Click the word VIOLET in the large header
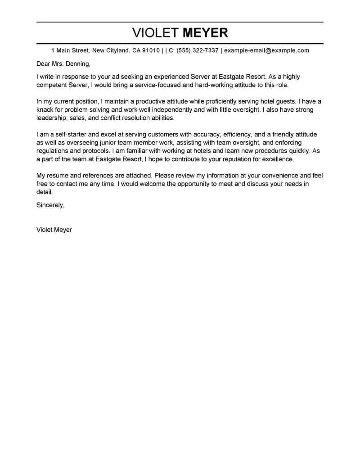[x=155, y=33]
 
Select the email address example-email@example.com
[x=266, y=50]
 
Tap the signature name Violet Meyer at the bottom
[x=54, y=230]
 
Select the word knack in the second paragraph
[x=45, y=110]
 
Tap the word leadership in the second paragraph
[x=52, y=118]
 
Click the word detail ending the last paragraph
[x=44, y=192]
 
